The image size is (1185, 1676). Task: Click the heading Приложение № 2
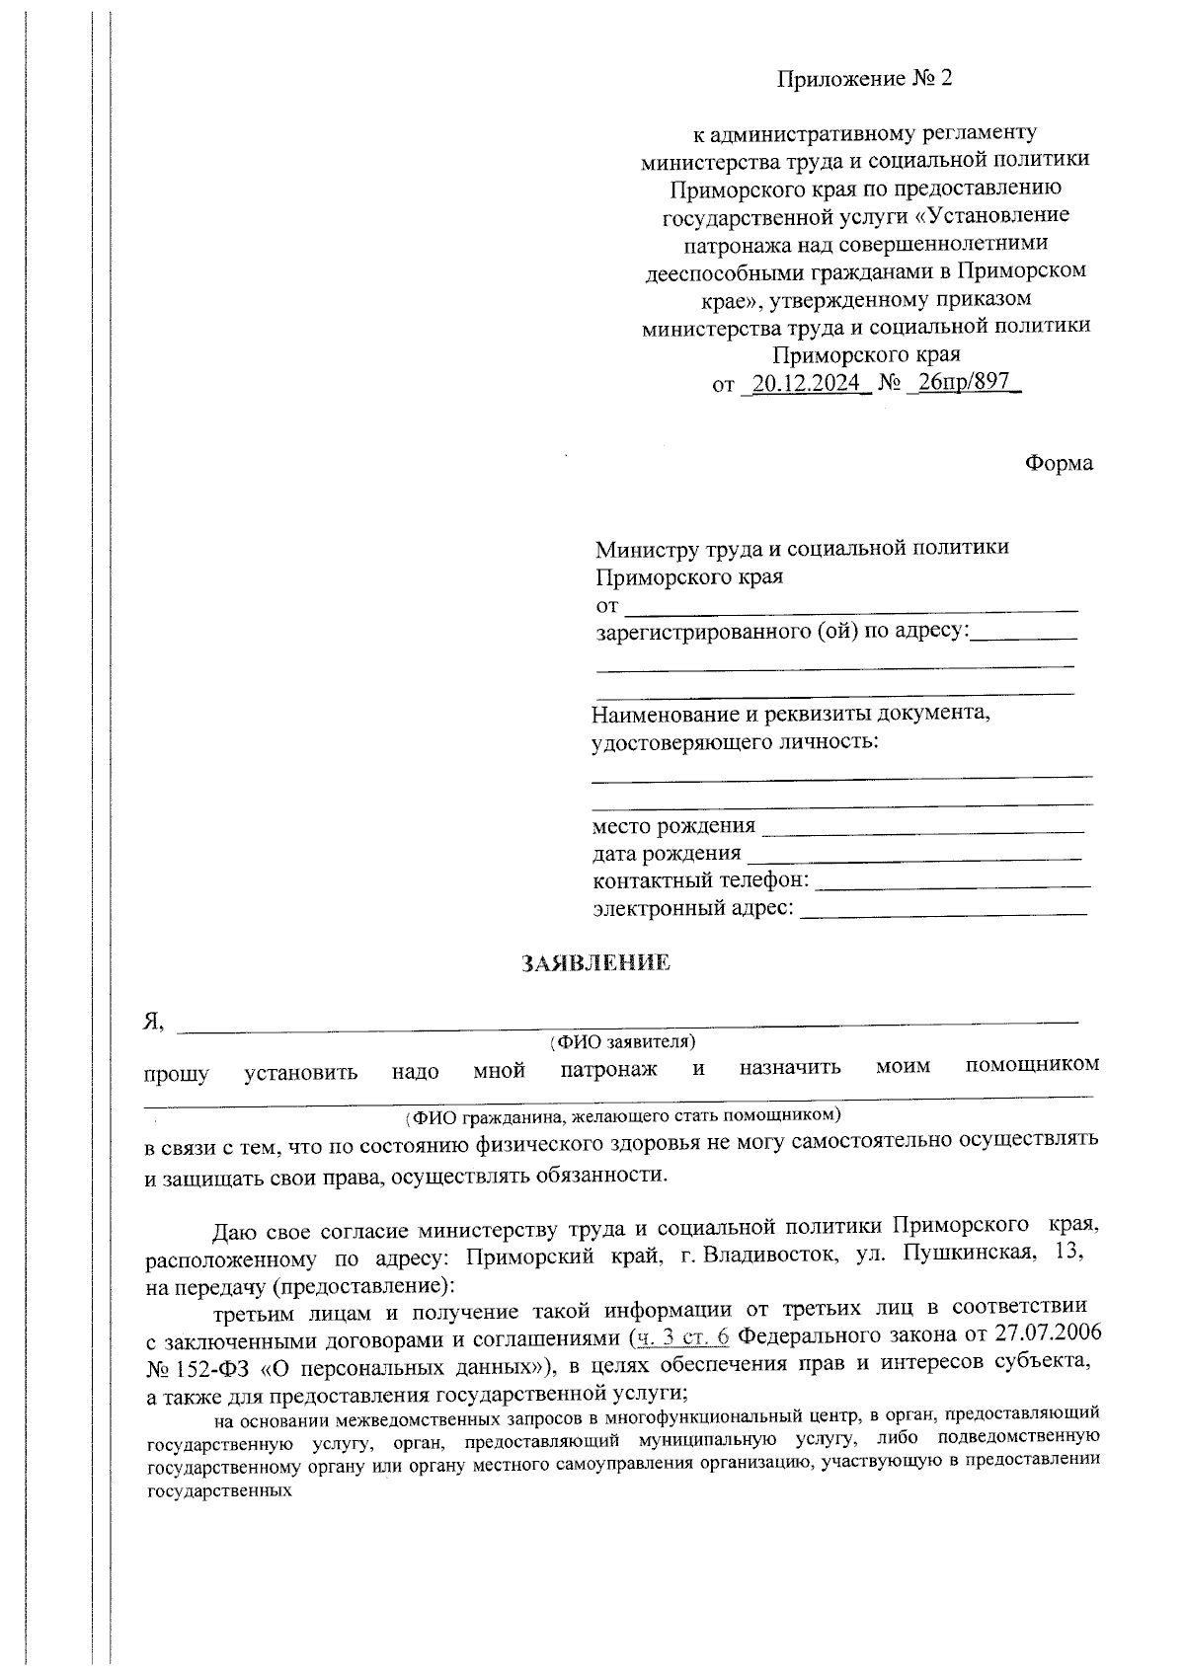(x=865, y=79)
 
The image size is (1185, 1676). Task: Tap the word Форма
(x=1059, y=463)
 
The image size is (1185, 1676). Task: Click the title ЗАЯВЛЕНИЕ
(x=595, y=963)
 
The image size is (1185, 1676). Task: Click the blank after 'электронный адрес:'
(x=943, y=911)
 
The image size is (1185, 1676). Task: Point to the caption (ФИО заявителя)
(x=622, y=1041)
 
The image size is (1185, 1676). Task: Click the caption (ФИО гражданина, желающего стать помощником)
(x=622, y=1116)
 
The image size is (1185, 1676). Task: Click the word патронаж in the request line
(x=608, y=1069)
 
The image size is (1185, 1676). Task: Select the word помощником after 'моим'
(x=1032, y=1065)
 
